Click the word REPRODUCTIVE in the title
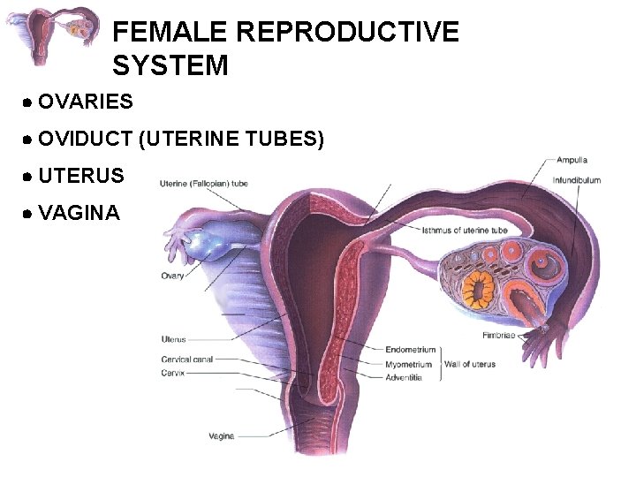(x=348, y=33)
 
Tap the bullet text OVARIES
(x=86, y=102)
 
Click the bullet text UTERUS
(x=81, y=176)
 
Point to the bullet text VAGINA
(x=79, y=213)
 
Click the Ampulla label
(x=572, y=161)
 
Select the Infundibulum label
(x=577, y=180)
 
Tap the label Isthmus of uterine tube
(x=465, y=231)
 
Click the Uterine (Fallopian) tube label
(x=204, y=184)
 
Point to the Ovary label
(x=172, y=276)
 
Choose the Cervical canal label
(x=187, y=360)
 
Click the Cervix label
(x=172, y=372)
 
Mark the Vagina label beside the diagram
(x=221, y=435)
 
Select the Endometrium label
(x=409, y=351)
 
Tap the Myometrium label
(x=409, y=364)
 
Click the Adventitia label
(x=404, y=377)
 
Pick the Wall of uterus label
(x=469, y=364)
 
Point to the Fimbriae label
(x=499, y=336)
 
